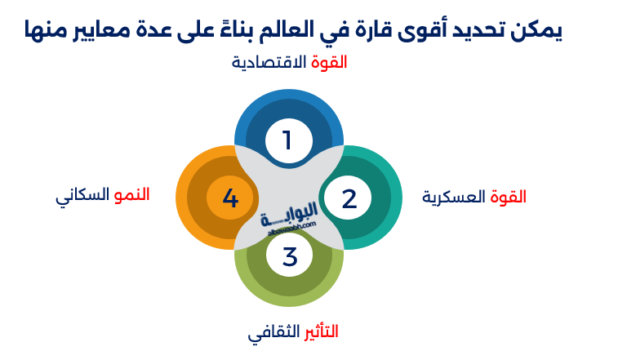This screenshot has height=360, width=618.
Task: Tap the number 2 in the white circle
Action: (349, 198)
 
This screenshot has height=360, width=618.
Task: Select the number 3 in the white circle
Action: (289, 256)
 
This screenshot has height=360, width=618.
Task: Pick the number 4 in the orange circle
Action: (230, 198)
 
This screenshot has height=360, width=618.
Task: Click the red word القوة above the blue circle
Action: (330, 62)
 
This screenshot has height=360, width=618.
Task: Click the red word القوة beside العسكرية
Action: (508, 197)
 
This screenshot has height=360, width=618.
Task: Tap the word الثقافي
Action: (269, 333)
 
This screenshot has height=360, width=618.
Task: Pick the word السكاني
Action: (82, 197)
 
